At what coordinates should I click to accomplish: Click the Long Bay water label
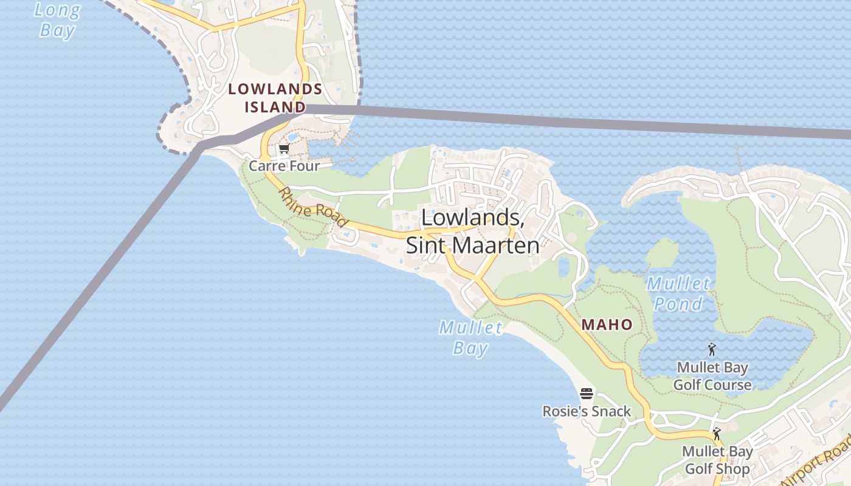point(57,20)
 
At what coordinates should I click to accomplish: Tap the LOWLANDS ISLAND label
point(275,98)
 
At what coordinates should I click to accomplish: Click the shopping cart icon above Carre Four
point(284,149)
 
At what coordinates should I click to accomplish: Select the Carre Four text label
point(284,166)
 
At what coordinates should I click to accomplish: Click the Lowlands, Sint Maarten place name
point(472,231)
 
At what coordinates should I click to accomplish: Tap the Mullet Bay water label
point(470,338)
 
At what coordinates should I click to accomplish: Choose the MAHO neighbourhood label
point(607,325)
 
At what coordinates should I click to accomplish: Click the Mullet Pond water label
point(678,293)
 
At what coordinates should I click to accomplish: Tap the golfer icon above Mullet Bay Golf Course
point(712,349)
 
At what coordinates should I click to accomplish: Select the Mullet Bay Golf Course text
point(712,376)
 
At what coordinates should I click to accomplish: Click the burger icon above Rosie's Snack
point(587,394)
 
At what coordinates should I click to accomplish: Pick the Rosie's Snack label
point(587,411)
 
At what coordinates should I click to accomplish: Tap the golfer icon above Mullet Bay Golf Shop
point(717,434)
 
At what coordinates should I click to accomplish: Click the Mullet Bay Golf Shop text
point(717,460)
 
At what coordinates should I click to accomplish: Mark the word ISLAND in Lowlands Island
point(275,108)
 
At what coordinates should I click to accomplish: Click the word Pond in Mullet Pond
point(678,304)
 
